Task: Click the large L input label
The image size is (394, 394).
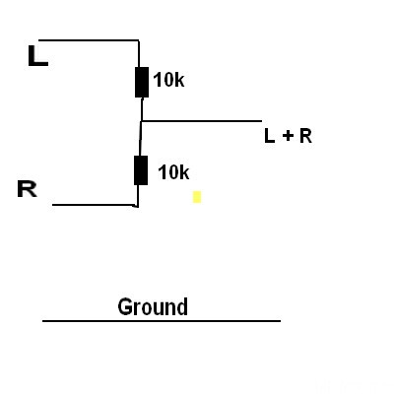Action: pos(38,56)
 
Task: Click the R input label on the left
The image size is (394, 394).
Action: pos(27,189)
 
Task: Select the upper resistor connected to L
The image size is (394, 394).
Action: pos(142,83)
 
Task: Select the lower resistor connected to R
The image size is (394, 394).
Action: pos(141,170)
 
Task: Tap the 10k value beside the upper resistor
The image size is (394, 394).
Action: pos(168,80)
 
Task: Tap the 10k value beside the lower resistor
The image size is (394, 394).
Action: pos(173,172)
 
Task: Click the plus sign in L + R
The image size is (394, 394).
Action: pos(288,136)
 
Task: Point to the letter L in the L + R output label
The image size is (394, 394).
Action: pos(269,136)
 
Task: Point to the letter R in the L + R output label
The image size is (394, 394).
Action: pos(305,136)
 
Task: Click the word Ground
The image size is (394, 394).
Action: pos(153,307)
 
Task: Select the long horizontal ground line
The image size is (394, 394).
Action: pos(162,321)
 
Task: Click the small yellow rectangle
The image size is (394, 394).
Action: pos(197,197)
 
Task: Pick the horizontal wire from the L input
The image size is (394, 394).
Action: pos(89,40)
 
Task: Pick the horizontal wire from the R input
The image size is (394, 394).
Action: pos(95,205)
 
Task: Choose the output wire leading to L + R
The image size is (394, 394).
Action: pos(202,121)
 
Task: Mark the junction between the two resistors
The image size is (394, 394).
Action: pos(141,121)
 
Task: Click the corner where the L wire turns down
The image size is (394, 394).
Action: pos(138,40)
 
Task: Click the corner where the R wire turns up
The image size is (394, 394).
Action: pos(137,206)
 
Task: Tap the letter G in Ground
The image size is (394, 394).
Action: pos(125,307)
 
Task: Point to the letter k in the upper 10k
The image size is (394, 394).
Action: pos(180,80)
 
